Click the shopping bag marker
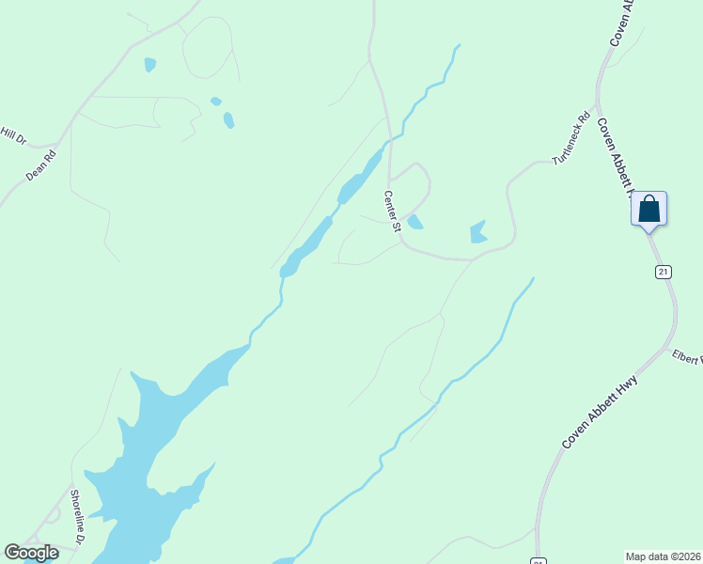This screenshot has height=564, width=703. [648, 208]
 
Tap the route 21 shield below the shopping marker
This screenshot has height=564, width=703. [664, 272]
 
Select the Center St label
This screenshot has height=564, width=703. [392, 211]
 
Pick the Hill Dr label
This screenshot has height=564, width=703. [13, 135]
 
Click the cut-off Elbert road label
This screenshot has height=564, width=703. [687, 358]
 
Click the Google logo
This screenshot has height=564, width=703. [31, 553]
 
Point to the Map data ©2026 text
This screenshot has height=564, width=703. [663, 556]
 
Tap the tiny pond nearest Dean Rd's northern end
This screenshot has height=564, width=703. [149, 65]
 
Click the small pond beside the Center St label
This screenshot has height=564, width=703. [414, 222]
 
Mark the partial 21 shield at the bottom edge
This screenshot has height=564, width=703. [538, 561]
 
